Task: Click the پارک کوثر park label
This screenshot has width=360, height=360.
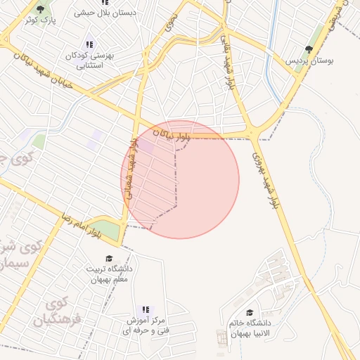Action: pos(38,20)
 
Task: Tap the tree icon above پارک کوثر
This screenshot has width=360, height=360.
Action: pos(39,8)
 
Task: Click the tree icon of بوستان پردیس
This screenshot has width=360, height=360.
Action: pos(309,49)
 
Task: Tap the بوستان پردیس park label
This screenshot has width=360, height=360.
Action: pos(308,61)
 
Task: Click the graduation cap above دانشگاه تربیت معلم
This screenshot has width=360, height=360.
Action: pos(108,258)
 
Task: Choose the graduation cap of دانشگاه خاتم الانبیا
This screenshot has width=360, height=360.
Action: pos(250,312)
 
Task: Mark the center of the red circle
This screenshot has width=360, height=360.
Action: pos(180,179)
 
